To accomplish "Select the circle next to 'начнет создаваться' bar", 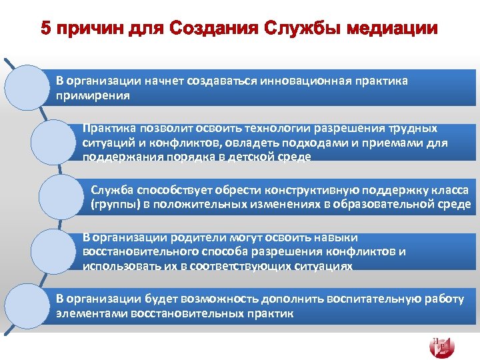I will point(28,87).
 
